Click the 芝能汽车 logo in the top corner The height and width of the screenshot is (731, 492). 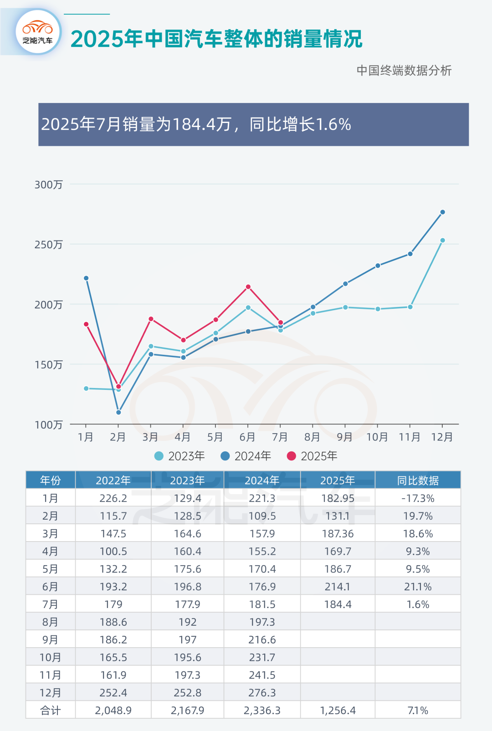38,32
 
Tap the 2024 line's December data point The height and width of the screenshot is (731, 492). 442,212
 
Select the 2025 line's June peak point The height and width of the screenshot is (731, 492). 248,287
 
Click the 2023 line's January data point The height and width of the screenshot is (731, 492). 86,389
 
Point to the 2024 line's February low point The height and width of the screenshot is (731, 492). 118,412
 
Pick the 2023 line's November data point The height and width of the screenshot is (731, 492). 410,307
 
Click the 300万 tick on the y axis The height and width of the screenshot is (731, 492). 48,184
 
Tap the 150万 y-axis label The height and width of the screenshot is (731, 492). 48,364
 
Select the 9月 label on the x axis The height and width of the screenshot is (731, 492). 345,437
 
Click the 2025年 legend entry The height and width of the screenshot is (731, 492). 312,456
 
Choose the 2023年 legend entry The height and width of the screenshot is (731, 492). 179,456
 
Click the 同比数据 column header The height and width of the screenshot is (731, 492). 418,481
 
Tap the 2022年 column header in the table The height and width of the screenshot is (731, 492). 113,481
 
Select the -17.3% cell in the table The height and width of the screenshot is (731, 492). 418,498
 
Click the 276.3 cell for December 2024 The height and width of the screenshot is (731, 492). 262,693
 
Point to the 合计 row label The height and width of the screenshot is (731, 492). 50,711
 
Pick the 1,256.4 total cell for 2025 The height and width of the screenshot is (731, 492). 338,711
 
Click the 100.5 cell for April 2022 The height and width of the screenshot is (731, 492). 113,552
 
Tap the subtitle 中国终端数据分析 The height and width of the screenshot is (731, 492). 404,71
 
